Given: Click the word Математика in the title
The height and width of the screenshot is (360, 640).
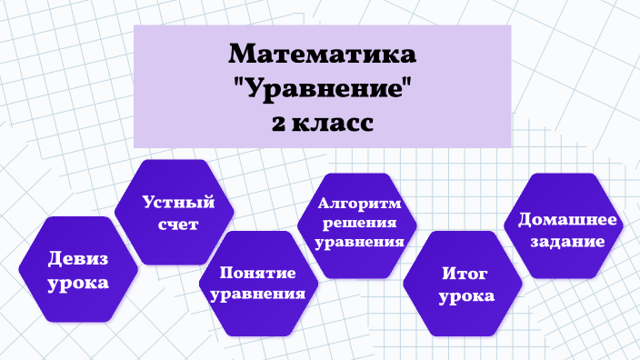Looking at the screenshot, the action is pyautogui.click(x=322, y=54).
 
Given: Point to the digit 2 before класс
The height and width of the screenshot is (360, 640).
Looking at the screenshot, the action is pyautogui.click(x=278, y=124).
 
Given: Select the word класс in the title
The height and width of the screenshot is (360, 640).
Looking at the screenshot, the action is pyautogui.click(x=333, y=124).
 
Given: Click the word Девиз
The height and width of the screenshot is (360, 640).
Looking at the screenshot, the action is pyautogui.click(x=78, y=259).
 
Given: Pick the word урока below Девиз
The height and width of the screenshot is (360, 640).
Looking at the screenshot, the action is pyautogui.click(x=78, y=284).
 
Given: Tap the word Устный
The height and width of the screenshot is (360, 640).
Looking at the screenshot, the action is pyautogui.click(x=178, y=202).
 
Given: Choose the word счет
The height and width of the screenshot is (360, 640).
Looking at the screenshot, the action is pyautogui.click(x=178, y=224).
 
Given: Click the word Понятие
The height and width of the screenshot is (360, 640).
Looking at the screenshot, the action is pyautogui.click(x=257, y=272).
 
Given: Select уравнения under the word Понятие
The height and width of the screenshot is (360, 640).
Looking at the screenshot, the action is pyautogui.click(x=257, y=294).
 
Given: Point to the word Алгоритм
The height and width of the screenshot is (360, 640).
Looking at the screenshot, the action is pyautogui.click(x=359, y=203).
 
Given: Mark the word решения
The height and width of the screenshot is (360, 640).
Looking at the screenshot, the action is pyautogui.click(x=359, y=223).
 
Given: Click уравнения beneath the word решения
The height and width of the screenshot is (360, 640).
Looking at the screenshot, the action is pyautogui.click(x=359, y=242).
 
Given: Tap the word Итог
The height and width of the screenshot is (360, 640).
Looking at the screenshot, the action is pyautogui.click(x=465, y=273).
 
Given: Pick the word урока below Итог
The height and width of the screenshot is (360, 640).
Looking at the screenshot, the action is pyautogui.click(x=466, y=296).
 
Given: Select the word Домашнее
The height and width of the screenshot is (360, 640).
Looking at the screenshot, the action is pyautogui.click(x=567, y=220).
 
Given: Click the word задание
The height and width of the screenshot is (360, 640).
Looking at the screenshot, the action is pyautogui.click(x=567, y=241).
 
